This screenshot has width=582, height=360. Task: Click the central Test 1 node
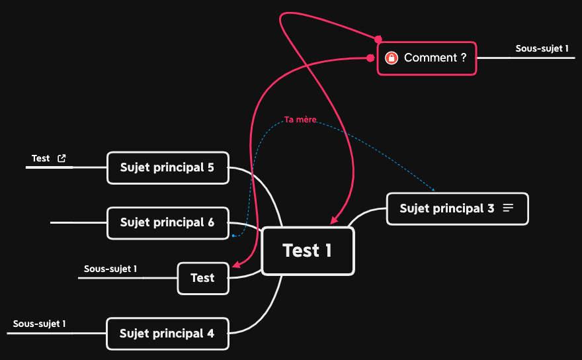(x=308, y=251)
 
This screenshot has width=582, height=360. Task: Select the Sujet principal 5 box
(x=167, y=167)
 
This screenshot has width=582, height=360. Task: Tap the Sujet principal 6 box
(x=167, y=223)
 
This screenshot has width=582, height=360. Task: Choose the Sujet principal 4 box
(x=167, y=334)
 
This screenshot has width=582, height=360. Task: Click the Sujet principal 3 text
(x=447, y=208)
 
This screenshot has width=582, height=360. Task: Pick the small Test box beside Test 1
(x=202, y=278)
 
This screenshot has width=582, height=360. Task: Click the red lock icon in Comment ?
(x=392, y=58)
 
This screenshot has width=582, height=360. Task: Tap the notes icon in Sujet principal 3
(x=508, y=208)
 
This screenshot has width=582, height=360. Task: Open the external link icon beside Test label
(x=62, y=158)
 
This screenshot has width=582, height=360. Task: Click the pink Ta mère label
(x=300, y=120)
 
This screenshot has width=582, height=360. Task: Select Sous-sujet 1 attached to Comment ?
(x=542, y=48)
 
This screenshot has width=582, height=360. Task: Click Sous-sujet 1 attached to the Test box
(x=110, y=269)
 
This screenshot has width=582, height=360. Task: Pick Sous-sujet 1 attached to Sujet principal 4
(x=39, y=324)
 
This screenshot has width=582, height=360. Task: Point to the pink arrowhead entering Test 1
(x=334, y=220)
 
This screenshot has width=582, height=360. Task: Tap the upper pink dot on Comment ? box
(x=378, y=39)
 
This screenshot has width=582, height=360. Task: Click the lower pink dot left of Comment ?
(x=370, y=58)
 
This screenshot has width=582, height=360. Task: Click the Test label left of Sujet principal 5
(x=40, y=158)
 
